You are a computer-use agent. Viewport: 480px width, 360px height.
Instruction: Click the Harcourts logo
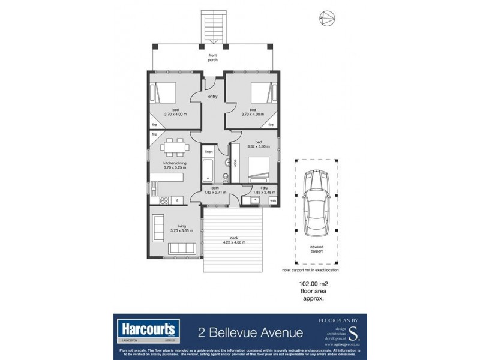149,329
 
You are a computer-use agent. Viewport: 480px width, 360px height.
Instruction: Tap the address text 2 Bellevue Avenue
251,332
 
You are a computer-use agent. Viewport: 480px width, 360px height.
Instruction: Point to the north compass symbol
326,18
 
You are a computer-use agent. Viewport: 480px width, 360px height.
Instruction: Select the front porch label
213,58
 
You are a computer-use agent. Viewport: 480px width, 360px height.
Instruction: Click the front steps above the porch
214,26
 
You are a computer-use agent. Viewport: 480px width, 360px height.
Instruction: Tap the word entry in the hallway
213,96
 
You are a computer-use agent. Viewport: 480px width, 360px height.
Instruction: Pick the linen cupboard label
209,152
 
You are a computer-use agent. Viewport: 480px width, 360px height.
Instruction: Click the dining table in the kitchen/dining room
175,146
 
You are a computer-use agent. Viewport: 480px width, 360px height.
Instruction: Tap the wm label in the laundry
273,200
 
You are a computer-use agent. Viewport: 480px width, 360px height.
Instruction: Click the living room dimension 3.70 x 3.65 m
174,230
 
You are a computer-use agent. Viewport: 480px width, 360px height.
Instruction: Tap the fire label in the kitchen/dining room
154,134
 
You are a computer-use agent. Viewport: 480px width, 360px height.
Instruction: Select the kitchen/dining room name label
174,163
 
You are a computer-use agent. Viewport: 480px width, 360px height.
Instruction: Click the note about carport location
315,270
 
